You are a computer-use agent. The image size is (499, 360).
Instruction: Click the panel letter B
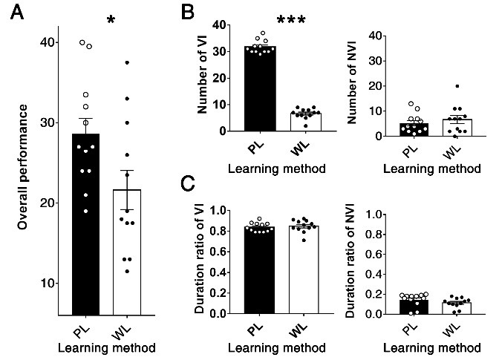(189, 12)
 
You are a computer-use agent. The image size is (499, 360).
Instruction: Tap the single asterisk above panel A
(111, 20)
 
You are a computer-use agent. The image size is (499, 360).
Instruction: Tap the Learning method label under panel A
(104, 346)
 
